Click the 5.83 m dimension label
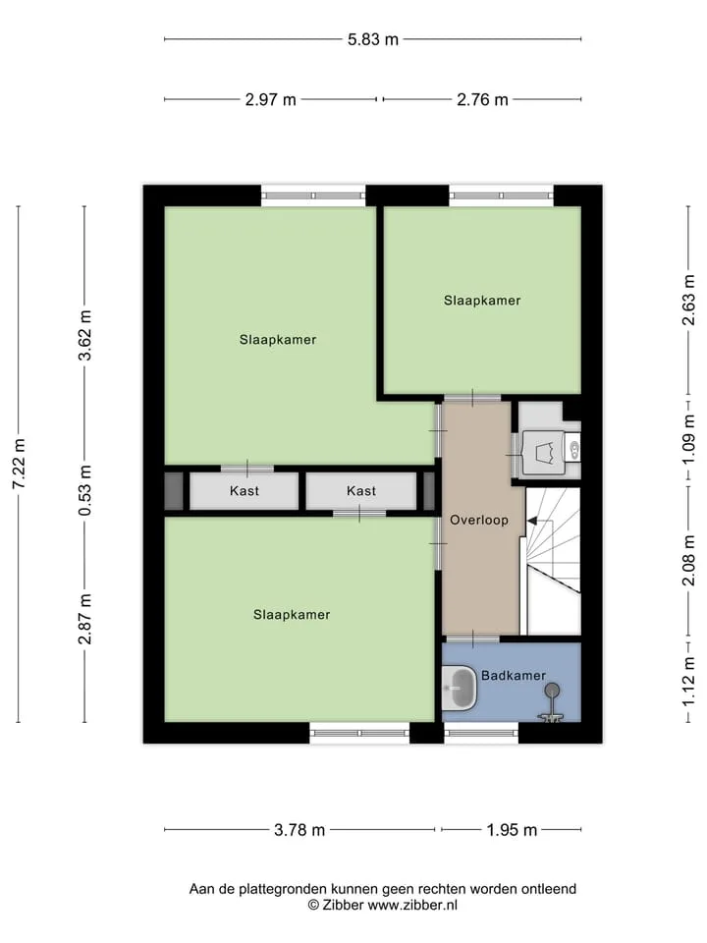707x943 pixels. click(x=373, y=39)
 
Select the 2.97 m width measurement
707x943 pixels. click(x=271, y=99)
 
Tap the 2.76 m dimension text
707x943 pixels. click(x=482, y=99)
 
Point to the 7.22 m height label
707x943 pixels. click(x=20, y=464)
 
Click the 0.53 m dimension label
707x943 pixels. click(x=84, y=490)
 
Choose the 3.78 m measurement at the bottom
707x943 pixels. click(x=299, y=830)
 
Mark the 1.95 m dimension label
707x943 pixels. click(x=512, y=830)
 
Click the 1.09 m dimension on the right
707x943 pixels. click(x=689, y=438)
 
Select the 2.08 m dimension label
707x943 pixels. click(x=689, y=561)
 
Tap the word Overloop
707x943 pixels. click(x=479, y=521)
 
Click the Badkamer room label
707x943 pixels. click(x=514, y=676)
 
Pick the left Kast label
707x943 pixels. click(x=245, y=491)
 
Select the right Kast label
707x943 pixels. click(x=361, y=491)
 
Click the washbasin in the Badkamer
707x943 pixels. click(x=460, y=688)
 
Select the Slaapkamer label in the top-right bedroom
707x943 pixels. click(x=482, y=301)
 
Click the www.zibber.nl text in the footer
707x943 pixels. click(x=413, y=905)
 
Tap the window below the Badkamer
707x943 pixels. click(x=481, y=733)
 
